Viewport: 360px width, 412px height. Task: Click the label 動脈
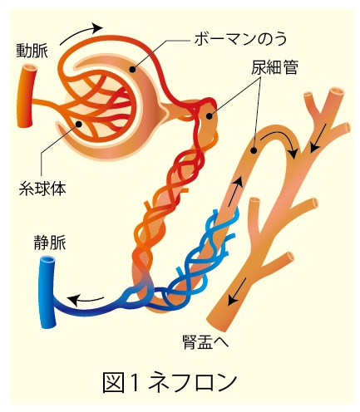(32, 51)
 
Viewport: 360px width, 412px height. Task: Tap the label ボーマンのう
(240, 40)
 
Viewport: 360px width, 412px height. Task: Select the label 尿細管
(274, 68)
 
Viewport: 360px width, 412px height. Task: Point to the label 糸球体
(42, 189)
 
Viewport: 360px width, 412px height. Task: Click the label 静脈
(50, 243)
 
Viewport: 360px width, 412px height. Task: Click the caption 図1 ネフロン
(170, 382)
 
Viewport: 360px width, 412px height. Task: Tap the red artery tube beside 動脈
(27, 96)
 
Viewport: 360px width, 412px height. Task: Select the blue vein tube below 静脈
(47, 292)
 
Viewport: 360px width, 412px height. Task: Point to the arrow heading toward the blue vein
(85, 299)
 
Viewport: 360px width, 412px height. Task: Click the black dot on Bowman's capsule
(133, 69)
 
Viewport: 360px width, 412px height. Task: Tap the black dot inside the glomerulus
(79, 124)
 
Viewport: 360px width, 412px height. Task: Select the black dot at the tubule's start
(210, 116)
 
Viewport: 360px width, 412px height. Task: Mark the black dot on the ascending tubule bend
(253, 150)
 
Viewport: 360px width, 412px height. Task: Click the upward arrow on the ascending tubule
(234, 192)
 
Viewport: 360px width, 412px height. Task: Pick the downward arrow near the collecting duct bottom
(237, 292)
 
